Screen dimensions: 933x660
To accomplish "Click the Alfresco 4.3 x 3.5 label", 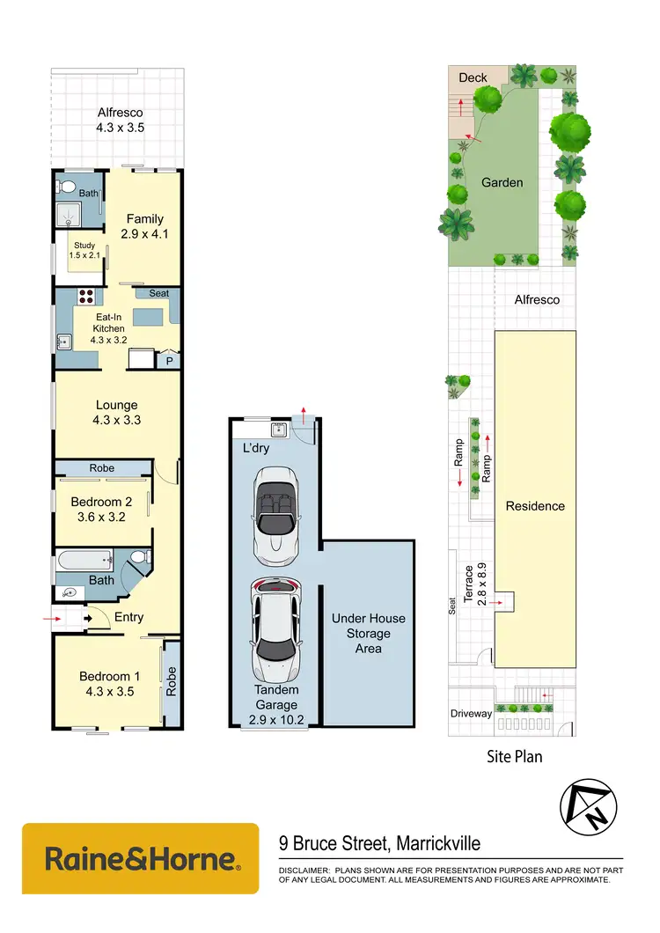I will point(120,120).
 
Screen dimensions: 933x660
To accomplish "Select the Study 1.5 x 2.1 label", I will point(84,251).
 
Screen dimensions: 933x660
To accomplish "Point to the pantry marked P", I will point(168,359).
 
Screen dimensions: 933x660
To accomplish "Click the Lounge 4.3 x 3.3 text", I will point(118,413).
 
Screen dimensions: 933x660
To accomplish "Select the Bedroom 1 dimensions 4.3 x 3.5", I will point(106,691).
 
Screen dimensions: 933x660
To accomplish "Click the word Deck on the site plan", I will point(473,77).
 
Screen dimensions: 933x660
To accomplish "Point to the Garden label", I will point(502,183).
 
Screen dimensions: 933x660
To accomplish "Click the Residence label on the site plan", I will point(535,506).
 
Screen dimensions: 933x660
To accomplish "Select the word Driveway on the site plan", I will point(471,713).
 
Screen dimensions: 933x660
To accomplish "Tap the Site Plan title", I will point(515,756).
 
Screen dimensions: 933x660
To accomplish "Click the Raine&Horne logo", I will point(141,858).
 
